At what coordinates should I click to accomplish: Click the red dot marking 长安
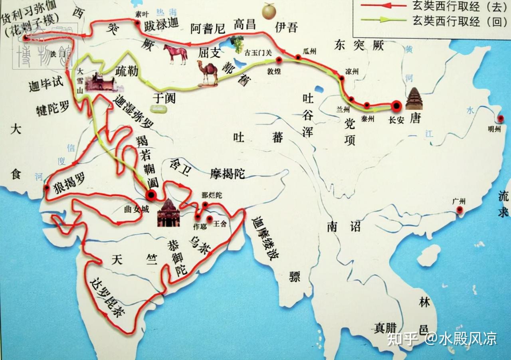(396, 106)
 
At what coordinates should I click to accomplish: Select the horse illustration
(174, 54)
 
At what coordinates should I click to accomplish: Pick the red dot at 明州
(501, 119)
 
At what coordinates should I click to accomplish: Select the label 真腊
(385, 328)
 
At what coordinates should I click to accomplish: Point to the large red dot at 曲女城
(151, 195)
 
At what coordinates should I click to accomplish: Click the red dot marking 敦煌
(279, 60)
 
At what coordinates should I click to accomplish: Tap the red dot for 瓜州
(298, 57)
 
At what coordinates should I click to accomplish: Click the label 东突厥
(359, 46)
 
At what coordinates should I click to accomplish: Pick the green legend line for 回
(381, 19)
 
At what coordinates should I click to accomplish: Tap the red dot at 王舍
(210, 218)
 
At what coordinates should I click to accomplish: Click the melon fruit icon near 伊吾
(268, 11)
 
